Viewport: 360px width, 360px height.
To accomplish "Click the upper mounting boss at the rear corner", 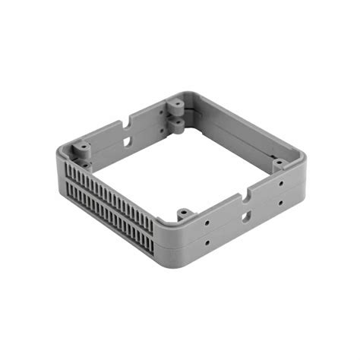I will click(x=175, y=104).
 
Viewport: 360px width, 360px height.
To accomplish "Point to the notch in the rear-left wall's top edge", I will click(x=128, y=119).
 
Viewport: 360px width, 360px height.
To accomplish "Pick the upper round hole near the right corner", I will click(x=281, y=183).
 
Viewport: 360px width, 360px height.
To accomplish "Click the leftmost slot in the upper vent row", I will click(x=69, y=171).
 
